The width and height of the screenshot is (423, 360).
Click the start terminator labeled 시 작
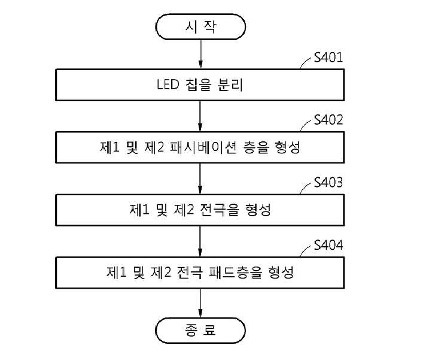click(x=200, y=27)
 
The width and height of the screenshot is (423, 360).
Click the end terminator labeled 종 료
click(x=200, y=330)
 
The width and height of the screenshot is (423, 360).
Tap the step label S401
click(x=328, y=58)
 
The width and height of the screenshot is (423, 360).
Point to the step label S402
click(x=328, y=120)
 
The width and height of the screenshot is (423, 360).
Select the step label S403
click(x=328, y=183)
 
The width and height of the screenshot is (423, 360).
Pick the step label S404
click(x=328, y=245)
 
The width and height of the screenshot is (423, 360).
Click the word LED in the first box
click(x=168, y=84)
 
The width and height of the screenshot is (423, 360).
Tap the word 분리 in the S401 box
click(x=230, y=85)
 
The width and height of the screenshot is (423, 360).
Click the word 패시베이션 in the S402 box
click(x=203, y=147)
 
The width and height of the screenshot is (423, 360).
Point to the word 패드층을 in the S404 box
click(x=236, y=273)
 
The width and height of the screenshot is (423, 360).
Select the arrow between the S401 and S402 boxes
click(x=200, y=116)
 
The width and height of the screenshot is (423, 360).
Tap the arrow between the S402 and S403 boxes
click(x=200, y=179)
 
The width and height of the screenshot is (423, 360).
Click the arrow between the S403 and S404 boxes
click(x=200, y=241)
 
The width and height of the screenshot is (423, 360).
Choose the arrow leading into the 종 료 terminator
click(x=200, y=303)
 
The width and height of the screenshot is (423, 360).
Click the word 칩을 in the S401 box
click(x=199, y=85)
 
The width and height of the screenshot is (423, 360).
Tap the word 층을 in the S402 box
click(x=256, y=147)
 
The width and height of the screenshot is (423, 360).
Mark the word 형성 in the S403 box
click(x=258, y=210)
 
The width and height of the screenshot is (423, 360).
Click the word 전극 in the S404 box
click(x=190, y=273)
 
